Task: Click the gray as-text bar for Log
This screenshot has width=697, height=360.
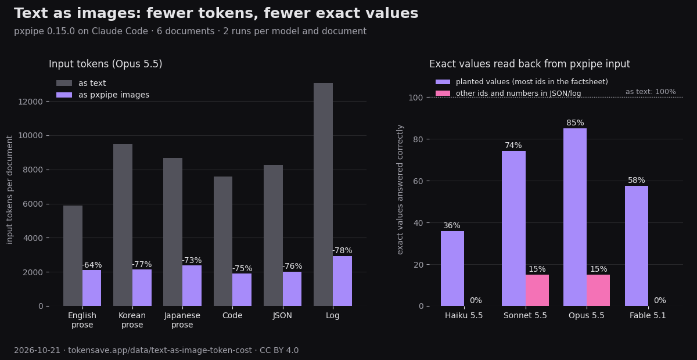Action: click(323, 195)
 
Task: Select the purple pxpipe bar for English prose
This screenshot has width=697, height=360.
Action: click(92, 288)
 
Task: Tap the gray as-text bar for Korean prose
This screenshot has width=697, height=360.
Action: click(123, 225)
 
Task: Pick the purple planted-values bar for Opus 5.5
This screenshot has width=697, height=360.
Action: click(575, 217)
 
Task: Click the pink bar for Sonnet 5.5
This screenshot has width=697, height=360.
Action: click(537, 290)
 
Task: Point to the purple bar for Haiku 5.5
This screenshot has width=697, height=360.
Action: click(452, 268)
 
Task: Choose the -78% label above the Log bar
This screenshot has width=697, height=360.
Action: click(342, 250)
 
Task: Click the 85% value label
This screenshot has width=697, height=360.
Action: click(575, 123)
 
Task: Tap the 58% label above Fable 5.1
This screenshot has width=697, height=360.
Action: click(637, 180)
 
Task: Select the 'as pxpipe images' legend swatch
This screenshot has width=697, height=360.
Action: click(64, 95)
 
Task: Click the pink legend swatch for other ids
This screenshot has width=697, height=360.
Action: click(443, 93)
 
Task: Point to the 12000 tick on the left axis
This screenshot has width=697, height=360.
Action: click(30, 102)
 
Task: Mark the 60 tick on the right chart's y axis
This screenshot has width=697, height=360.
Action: click(418, 181)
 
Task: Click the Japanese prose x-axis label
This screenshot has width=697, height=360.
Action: click(182, 320)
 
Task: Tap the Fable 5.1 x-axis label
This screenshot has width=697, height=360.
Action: click(648, 315)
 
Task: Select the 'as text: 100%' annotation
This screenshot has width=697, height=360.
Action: click(651, 92)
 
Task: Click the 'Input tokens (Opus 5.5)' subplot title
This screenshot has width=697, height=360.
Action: click(106, 64)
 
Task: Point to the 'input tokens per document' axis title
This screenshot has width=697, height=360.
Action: click(10, 190)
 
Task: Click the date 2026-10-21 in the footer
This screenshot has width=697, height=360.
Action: click(37, 350)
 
